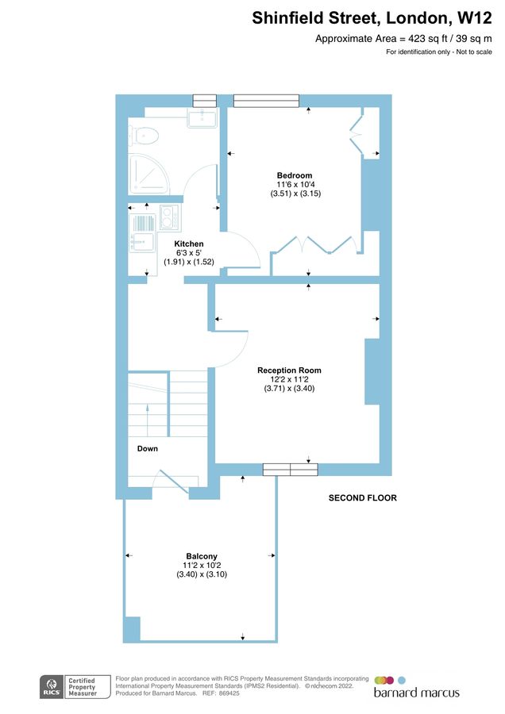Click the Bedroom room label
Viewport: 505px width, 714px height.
(x=294, y=175)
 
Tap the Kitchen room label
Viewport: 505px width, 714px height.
(x=190, y=244)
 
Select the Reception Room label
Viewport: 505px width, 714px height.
(x=289, y=370)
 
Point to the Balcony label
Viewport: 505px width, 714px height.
(x=202, y=556)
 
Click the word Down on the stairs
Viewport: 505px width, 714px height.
(x=147, y=448)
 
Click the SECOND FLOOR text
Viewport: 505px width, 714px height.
(x=362, y=498)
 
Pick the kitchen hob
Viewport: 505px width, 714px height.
(x=168, y=217)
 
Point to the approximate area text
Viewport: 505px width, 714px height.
(x=405, y=38)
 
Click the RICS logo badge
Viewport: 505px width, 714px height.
(x=54, y=687)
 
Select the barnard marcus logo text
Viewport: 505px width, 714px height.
(x=416, y=693)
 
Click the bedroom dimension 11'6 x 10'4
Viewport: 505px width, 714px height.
(x=294, y=185)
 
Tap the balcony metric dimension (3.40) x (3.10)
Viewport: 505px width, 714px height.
(x=202, y=574)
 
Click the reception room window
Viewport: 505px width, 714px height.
(x=290, y=470)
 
